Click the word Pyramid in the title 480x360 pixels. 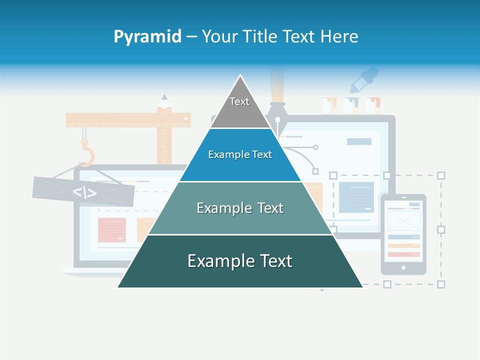pos(147,37)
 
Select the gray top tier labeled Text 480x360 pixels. pos(239,107)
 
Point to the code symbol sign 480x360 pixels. pos(84,191)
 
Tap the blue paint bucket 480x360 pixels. pos(352,105)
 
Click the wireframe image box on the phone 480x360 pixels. pos(403,220)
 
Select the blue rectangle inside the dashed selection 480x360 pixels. pos(356,197)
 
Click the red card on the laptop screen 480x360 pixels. pos(111,229)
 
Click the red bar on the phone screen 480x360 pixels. pos(403,254)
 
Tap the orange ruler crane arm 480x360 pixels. pos(128,119)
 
